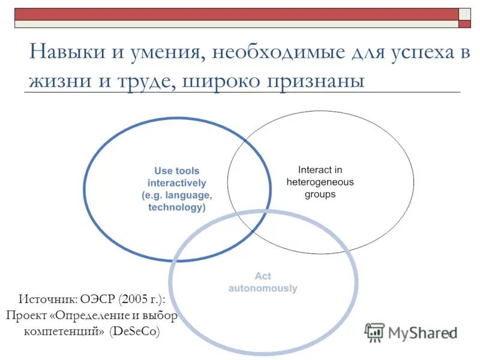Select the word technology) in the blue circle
coord(176,208)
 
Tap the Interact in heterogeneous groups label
coord(320,182)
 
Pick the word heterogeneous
coord(320,182)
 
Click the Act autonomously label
coord(262,282)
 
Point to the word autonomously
coord(262,289)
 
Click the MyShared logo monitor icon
coord(374,332)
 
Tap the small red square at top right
coord(465,24)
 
